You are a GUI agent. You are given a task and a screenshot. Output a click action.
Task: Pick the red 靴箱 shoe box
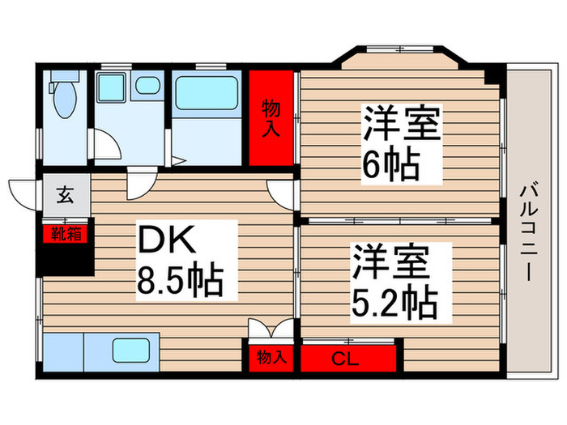[x=66, y=234]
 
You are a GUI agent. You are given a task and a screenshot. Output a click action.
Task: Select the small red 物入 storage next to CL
[x=271, y=357]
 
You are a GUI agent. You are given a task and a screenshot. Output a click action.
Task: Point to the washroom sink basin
[x=147, y=85]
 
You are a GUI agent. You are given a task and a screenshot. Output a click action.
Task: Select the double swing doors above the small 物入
[x=271, y=329]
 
